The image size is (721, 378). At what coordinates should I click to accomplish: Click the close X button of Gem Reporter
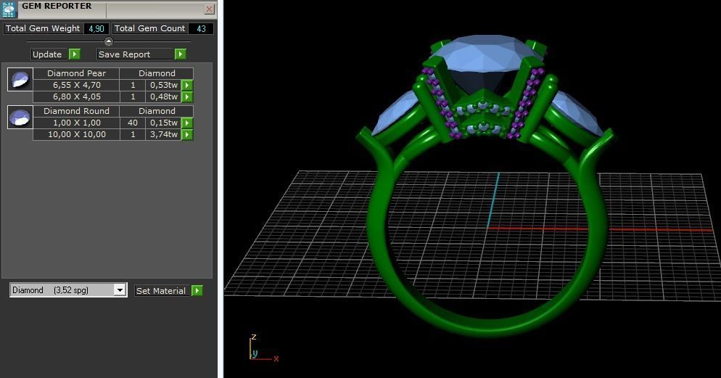tap(209, 9)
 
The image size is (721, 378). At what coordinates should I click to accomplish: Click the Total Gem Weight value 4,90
tap(96, 29)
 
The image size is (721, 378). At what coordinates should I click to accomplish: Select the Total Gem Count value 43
tap(201, 29)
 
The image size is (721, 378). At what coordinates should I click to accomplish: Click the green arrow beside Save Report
tap(180, 54)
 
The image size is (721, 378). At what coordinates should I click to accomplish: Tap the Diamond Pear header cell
tap(76, 73)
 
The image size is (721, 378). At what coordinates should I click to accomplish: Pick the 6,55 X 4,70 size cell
tap(76, 85)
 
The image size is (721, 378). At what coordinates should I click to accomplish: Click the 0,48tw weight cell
tap(162, 96)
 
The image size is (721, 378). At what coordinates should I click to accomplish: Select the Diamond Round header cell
tap(76, 111)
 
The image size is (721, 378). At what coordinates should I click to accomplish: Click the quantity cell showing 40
tap(133, 123)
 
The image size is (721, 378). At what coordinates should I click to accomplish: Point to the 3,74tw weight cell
tap(162, 134)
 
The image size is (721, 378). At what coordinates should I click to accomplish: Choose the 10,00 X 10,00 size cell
tap(76, 134)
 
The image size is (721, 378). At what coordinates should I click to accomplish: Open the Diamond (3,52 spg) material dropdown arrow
tap(120, 290)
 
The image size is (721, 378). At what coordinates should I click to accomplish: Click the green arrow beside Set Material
tap(197, 291)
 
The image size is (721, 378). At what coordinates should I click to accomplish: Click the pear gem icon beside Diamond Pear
tap(20, 79)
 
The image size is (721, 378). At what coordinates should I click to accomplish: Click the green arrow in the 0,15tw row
tap(186, 123)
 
